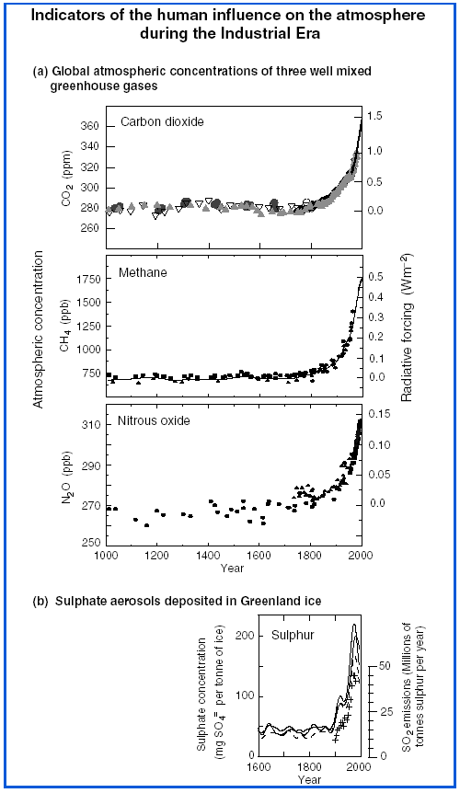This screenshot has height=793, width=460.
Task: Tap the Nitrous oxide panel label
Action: click(155, 420)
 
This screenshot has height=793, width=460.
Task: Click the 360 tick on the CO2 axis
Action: click(88, 124)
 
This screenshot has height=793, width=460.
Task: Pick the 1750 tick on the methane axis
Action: click(86, 278)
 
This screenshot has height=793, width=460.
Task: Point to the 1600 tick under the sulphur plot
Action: click(259, 766)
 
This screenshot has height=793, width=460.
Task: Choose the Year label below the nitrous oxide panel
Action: click(232, 568)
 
